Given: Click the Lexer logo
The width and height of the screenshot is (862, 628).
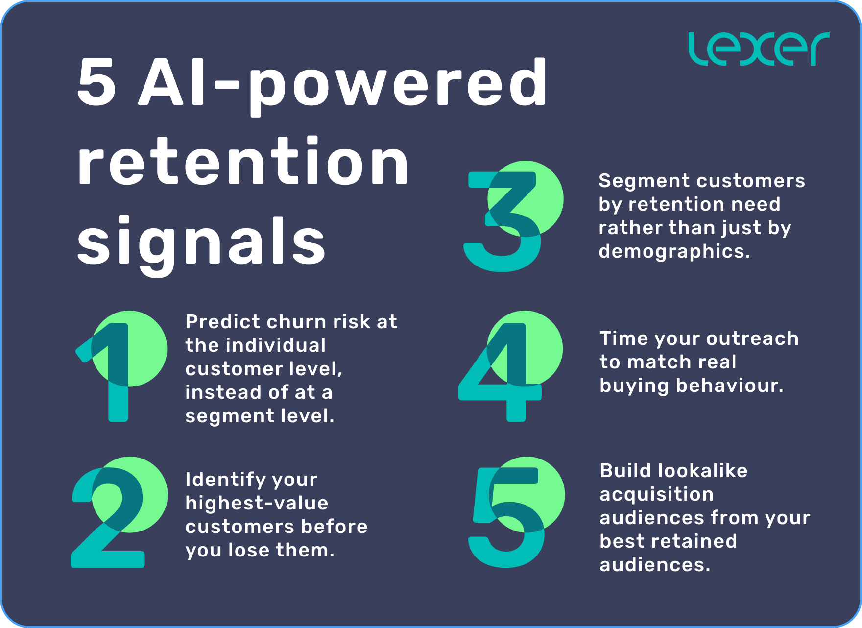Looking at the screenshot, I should (x=759, y=49).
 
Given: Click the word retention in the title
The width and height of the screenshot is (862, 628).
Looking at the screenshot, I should (x=242, y=162).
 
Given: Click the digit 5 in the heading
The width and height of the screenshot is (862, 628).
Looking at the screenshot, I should (x=97, y=82).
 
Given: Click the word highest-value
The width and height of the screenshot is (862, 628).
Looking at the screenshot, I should (x=257, y=503).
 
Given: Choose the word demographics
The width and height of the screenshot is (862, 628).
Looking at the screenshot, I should (x=674, y=251).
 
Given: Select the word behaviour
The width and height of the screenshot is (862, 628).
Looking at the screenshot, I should (x=730, y=386).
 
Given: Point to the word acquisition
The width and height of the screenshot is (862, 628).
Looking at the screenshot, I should (x=656, y=494).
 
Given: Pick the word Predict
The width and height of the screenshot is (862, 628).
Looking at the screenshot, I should (x=222, y=322).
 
